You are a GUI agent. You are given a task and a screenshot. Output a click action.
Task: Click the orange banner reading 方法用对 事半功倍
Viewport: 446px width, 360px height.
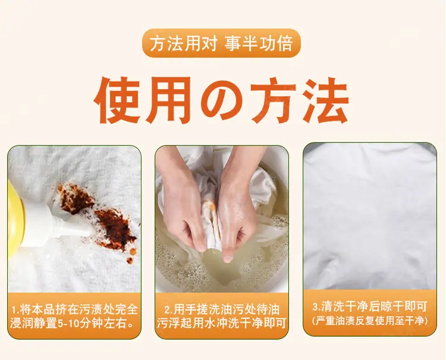(x=221, y=43)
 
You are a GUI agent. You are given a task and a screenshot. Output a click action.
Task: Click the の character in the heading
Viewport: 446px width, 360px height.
(x=222, y=100)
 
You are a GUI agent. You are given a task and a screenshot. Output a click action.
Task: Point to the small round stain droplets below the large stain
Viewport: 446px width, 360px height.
(x=131, y=255)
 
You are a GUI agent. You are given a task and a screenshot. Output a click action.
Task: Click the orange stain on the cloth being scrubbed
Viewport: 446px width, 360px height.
(x=214, y=215)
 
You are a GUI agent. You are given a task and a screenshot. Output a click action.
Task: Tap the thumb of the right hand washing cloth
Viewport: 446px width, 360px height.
(x=228, y=252)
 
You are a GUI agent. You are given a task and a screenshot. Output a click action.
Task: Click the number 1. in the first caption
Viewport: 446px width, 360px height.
(x=16, y=309)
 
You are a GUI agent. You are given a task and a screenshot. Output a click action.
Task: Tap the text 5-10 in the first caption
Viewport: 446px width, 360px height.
(x=68, y=324)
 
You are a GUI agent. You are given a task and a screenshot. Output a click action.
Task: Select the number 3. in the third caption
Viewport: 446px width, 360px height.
(x=317, y=307)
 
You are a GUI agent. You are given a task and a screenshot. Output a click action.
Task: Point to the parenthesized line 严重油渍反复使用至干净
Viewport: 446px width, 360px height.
(x=370, y=321)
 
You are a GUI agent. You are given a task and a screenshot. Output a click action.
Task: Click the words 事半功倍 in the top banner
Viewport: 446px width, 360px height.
(x=258, y=43)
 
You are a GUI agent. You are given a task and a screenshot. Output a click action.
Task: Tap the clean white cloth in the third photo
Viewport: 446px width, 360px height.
(x=370, y=216)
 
